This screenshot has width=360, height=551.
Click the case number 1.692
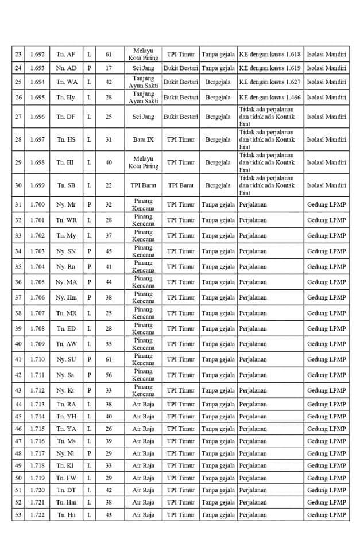[38, 55]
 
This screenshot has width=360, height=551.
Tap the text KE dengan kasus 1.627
[269, 82]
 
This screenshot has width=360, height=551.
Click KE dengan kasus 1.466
[269, 98]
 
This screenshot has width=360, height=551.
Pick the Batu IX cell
[143, 139]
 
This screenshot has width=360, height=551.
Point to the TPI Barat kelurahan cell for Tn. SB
[143, 185]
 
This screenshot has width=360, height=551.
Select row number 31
[18, 205]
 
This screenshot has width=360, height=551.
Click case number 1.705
[38, 282]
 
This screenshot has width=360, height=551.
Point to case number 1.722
[38, 515]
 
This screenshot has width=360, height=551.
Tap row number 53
[18, 515]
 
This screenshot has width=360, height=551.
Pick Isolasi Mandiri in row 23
[326, 55]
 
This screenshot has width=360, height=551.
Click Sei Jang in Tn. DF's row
[143, 117]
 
